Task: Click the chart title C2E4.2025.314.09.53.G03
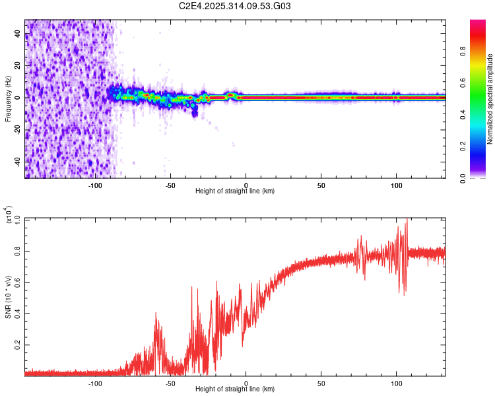(235, 7)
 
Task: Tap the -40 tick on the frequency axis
(18, 161)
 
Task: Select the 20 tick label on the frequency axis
(18, 66)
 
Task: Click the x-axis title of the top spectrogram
(235, 191)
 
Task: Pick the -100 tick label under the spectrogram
(95, 185)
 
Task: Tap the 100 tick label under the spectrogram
(397, 185)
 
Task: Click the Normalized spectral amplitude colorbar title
(490, 99)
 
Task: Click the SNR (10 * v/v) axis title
(8, 294)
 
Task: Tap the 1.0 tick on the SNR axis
(18, 218)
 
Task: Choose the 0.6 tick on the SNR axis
(18, 282)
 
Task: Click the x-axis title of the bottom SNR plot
(235, 389)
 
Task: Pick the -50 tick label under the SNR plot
(170, 383)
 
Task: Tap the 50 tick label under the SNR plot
(321, 383)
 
